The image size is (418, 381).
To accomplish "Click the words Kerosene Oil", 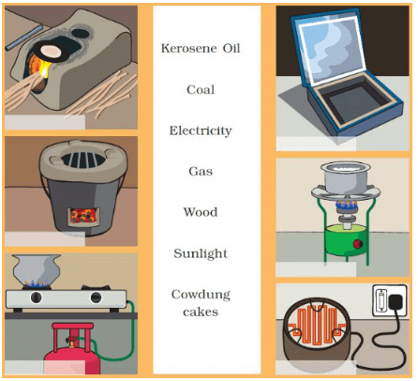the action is point(201,48).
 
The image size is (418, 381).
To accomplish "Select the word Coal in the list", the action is point(201,90).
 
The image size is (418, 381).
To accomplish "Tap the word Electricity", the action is point(201,130).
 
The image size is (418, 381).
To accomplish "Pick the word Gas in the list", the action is point(201,172).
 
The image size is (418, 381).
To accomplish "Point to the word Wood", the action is point(201,212).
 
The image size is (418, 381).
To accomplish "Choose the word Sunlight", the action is point(201,253).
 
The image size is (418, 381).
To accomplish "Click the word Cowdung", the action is point(201,295).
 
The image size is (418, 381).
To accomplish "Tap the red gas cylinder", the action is point(73,349).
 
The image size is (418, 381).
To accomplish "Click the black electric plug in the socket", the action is point(395,304).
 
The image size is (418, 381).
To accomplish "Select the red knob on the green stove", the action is point(357,244).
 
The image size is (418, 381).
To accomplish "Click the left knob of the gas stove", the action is point(37,297).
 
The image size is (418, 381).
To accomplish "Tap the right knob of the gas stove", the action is point(96,297).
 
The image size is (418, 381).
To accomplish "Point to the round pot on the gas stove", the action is point(37,269).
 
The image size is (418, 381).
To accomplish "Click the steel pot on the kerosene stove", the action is point(346,177).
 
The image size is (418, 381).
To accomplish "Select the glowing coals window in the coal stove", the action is point(83,216).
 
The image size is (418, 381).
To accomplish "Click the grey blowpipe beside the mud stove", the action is point(23,38).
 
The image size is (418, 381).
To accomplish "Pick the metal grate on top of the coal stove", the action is point(82,160).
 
